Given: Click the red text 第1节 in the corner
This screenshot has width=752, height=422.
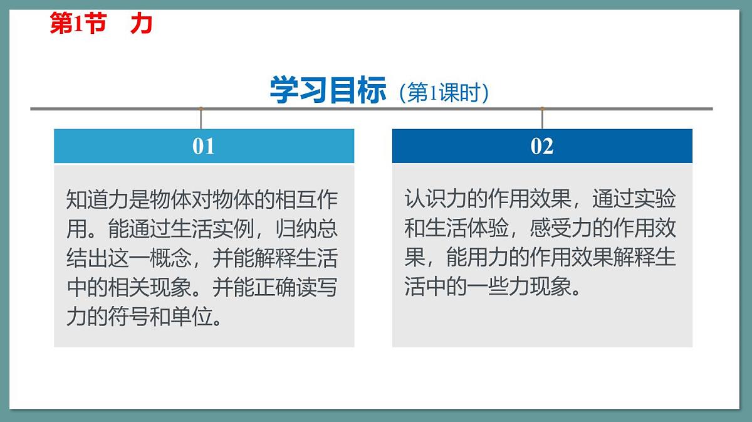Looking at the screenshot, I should pos(78,24).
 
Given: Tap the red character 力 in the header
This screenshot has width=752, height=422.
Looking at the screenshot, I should pos(142,24).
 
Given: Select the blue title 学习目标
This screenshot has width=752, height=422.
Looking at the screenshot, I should pos(328,90).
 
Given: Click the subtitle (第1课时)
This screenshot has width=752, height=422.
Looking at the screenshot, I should pos(443,93).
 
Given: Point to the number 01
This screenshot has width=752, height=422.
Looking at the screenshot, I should pos(204,146).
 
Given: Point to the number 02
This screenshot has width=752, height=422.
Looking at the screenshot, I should pos(542,146).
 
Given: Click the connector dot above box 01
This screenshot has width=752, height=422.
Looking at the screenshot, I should pos(201,109).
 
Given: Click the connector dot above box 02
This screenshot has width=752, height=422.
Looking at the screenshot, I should pos(542,109).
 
